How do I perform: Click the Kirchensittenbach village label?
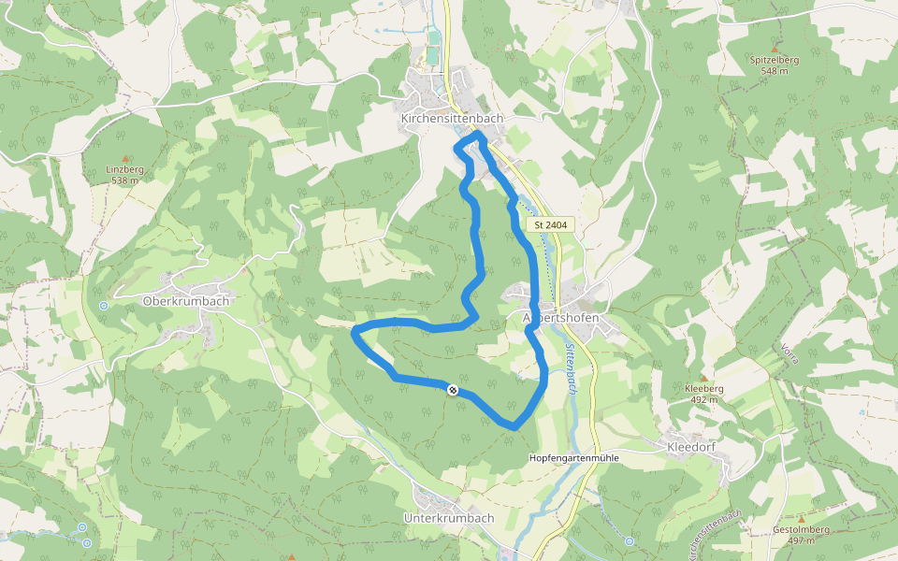(x=452, y=119)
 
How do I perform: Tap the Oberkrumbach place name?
(x=186, y=301)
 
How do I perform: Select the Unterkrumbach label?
(x=448, y=518)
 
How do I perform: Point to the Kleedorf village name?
(x=691, y=448)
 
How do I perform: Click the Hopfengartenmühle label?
(x=574, y=457)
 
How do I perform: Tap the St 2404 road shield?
(x=552, y=225)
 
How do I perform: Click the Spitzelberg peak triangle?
(x=775, y=48)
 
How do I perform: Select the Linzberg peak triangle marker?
(x=124, y=159)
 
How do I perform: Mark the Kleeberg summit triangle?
(x=704, y=377)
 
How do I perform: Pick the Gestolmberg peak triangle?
(x=802, y=518)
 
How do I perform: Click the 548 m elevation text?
(x=775, y=71)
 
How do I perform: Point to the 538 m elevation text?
(x=124, y=180)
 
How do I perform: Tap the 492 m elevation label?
(x=704, y=399)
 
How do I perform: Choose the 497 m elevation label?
(x=802, y=540)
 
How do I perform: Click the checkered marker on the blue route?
(x=453, y=390)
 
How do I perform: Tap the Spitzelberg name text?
(x=775, y=60)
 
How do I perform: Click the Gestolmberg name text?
(x=802, y=530)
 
